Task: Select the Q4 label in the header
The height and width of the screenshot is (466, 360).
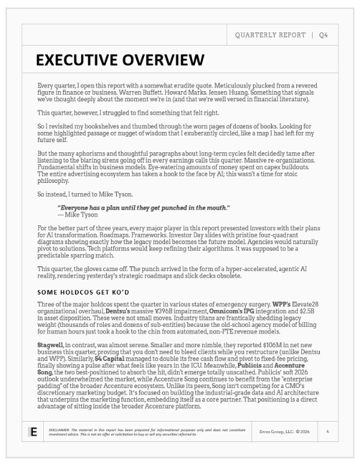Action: point(323,35)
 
